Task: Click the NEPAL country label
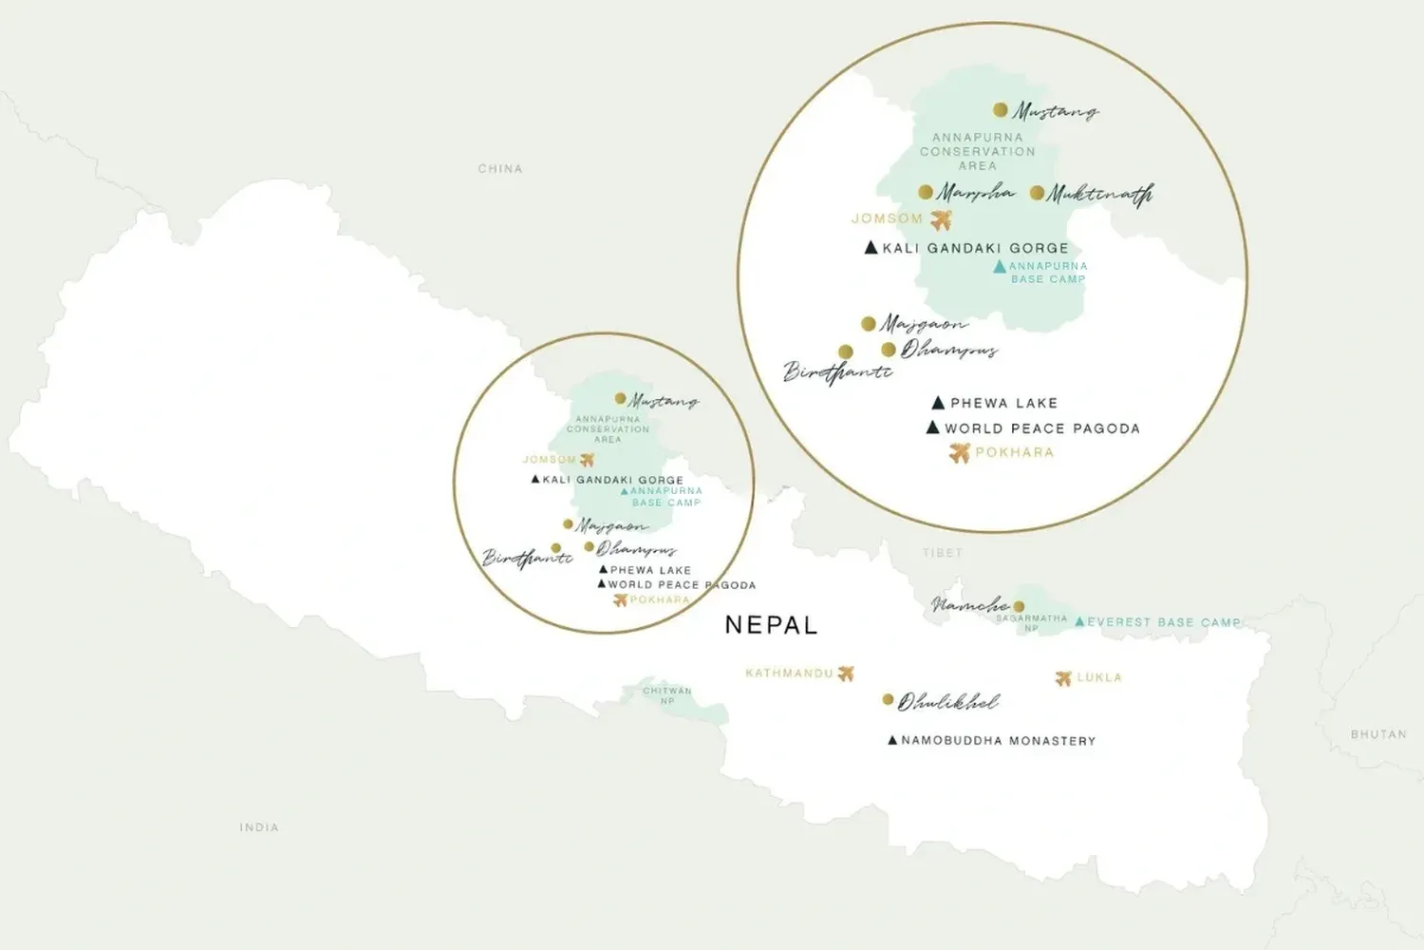pos(770,625)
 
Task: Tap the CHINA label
pos(500,168)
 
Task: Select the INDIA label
pos(259,827)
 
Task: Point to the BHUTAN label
pos(1378,734)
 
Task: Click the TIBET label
pos(942,552)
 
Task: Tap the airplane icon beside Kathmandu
pos(846,674)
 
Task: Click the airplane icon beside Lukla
pos(1063,678)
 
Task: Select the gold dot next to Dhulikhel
pos(888,699)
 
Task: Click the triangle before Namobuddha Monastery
pos(892,740)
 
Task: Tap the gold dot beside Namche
pos(1019,606)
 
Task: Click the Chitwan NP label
pos(667,695)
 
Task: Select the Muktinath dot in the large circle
pos(1037,193)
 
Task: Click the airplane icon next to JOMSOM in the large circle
pos(941,220)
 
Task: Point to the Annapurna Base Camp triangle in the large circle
pos(999,268)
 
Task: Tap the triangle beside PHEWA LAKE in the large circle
pos(938,403)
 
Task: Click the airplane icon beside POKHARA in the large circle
pos(960,453)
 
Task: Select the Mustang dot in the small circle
pos(620,399)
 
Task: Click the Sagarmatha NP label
pos(1031,622)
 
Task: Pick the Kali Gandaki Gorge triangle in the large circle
pos(871,248)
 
